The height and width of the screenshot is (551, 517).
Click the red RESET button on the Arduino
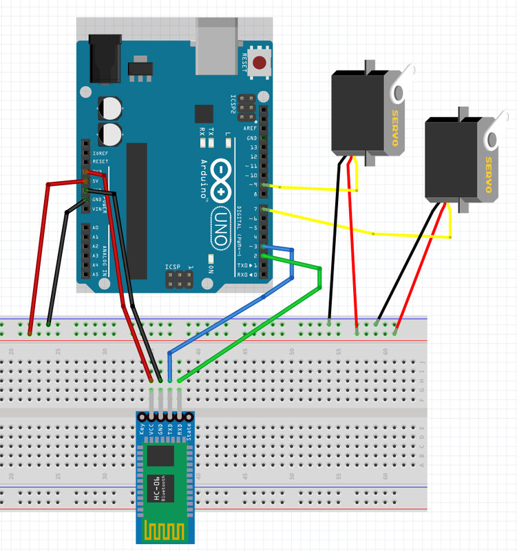260,64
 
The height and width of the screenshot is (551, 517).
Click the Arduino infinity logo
225,178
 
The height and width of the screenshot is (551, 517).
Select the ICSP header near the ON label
178,279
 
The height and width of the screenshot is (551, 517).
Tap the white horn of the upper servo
405,80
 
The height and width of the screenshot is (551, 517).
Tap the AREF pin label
250,129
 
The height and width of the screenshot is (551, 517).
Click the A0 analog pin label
95,227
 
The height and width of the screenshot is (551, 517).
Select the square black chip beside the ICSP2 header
204,114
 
